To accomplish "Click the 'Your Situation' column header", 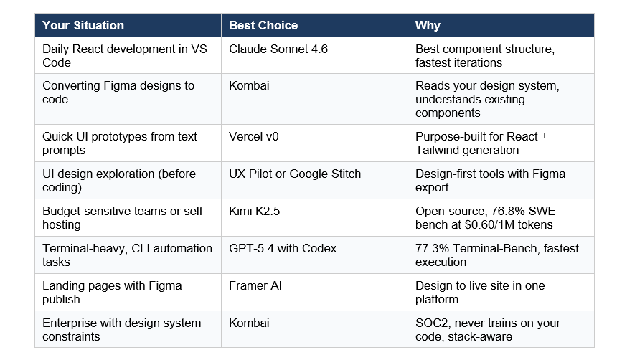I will click(x=83, y=25).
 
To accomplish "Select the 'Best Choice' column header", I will click(x=263, y=25).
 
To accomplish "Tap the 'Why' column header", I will click(x=428, y=25).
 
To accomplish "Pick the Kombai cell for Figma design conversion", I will click(x=249, y=85).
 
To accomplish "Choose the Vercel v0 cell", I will click(x=257, y=136).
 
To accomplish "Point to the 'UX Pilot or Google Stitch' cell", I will click(x=295, y=174).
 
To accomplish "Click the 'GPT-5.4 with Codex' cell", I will click(x=283, y=248).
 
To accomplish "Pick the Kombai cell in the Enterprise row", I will click(x=249, y=323).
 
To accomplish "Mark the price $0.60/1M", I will click(x=489, y=224).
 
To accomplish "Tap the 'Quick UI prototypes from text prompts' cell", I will click(x=120, y=143).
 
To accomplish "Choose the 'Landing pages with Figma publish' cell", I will click(x=112, y=292).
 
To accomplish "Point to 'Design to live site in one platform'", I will click(x=480, y=292).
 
